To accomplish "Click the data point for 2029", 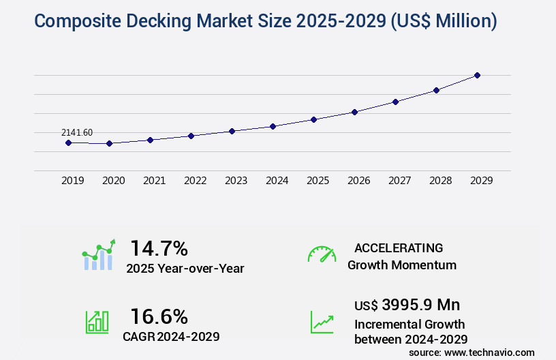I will point(477,75).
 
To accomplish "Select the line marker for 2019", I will point(68,142).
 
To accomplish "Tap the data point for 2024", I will point(273,126).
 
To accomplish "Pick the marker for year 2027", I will point(395,102).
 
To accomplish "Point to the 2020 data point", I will point(109,143).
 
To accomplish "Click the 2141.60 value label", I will point(76,132).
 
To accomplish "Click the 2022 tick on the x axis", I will point(195,181).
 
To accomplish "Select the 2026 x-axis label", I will point(358,181).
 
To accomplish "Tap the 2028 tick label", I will point(440,181).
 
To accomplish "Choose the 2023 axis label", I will point(236,181).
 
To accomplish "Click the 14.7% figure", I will point(159,247).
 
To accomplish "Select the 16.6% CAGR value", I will point(159,316).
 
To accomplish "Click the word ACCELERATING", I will point(399,247).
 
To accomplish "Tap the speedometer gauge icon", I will point(322,254).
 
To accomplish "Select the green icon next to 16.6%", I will point(97,322).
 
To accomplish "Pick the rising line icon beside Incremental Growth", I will point(322,322).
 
